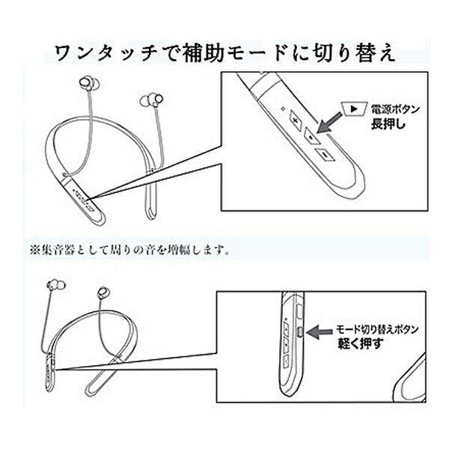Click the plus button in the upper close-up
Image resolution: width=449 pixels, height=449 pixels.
tap(296, 121)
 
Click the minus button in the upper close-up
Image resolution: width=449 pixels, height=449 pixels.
tap(324, 155)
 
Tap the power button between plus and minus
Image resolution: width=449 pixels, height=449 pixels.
tap(310, 138)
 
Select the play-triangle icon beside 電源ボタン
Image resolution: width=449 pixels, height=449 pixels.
tap(352, 109)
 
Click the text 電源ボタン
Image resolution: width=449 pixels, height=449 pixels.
tap(394, 110)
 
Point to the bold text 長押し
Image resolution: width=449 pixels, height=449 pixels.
tap(388, 125)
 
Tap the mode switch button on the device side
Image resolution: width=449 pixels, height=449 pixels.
tap(299, 330)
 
